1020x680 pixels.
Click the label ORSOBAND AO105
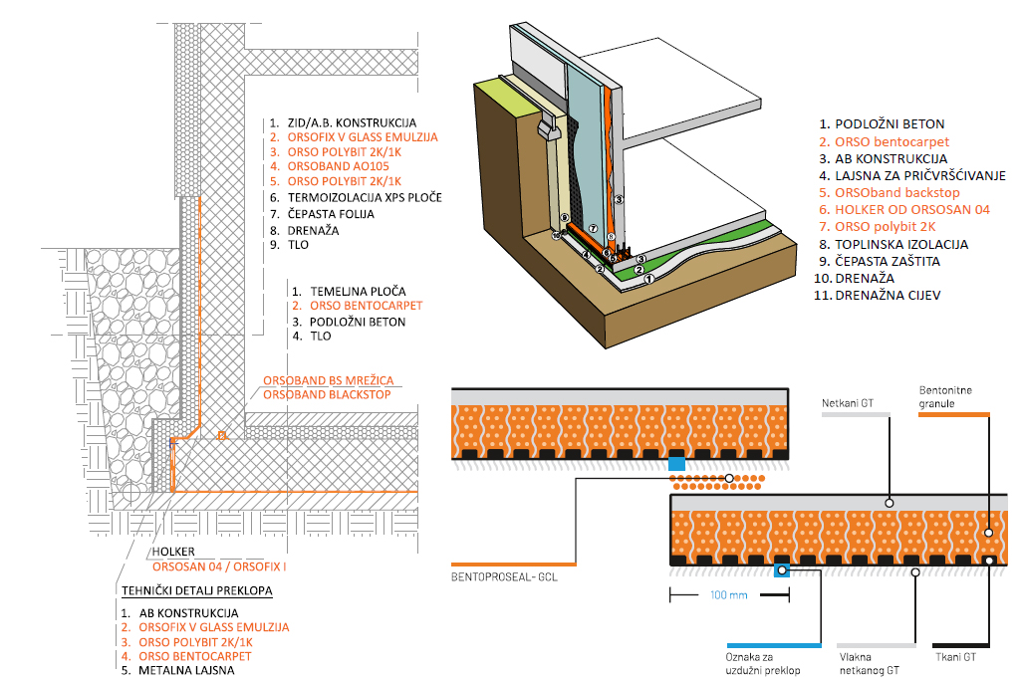[336, 166]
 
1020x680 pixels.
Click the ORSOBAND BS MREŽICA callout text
[325, 379]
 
